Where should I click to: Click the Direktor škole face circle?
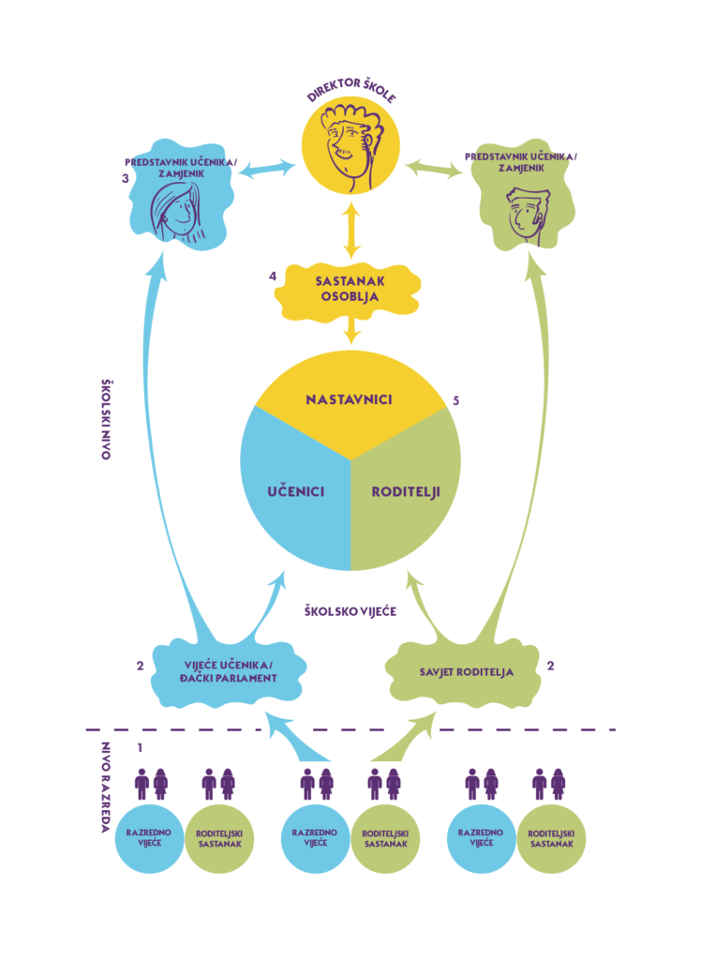(350, 149)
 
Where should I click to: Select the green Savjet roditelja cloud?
(463, 671)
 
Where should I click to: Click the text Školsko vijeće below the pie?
(350, 611)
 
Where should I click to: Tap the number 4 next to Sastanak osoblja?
(272, 277)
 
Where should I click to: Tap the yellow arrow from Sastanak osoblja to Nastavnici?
(350, 328)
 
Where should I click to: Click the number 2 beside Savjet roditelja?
(550, 667)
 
